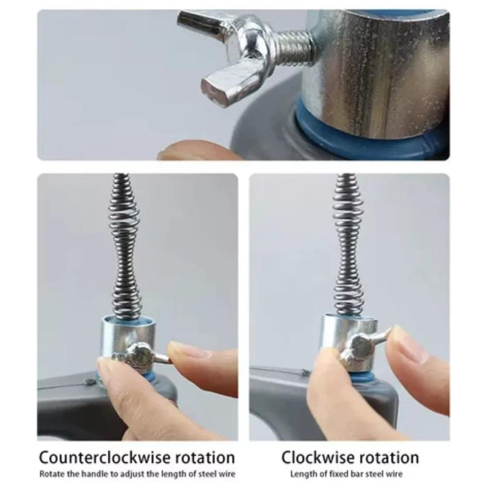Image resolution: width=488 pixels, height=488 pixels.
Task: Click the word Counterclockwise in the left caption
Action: (105, 457)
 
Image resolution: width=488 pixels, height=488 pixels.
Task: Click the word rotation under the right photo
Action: (389, 458)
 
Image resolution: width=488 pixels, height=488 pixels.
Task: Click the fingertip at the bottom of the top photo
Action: (199, 151)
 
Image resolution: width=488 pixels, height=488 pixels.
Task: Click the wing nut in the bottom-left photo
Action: (140, 356)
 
